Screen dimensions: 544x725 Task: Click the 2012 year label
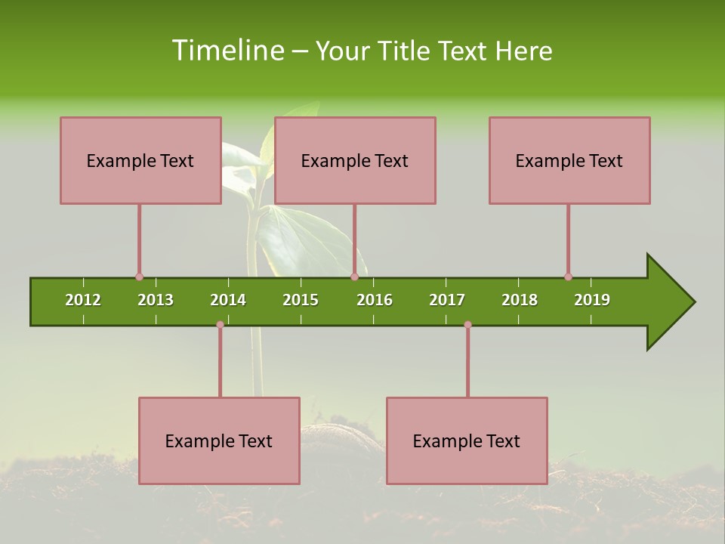(x=83, y=300)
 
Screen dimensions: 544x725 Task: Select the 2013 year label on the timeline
(x=156, y=300)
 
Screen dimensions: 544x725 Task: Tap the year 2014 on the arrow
(x=228, y=300)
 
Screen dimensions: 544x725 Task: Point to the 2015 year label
(x=301, y=300)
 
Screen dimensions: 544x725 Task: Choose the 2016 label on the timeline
(x=375, y=300)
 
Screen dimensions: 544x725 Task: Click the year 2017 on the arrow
(x=447, y=300)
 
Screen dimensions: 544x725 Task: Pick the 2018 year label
(x=520, y=300)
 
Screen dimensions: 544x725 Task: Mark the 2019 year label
(x=592, y=300)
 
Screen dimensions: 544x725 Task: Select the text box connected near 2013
(x=140, y=160)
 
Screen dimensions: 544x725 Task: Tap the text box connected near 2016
(x=355, y=160)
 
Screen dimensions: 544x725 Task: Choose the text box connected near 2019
(x=569, y=160)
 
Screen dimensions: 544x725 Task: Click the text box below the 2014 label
(x=219, y=440)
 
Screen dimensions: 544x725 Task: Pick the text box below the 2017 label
(x=467, y=440)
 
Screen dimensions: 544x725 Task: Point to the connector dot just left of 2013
(x=139, y=277)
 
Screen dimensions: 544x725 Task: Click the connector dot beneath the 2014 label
(x=220, y=324)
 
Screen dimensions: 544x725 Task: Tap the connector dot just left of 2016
(x=354, y=277)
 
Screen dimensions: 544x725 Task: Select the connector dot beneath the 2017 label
(x=467, y=324)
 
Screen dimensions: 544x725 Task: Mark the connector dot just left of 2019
(x=568, y=277)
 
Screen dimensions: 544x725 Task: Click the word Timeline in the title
(x=227, y=51)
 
